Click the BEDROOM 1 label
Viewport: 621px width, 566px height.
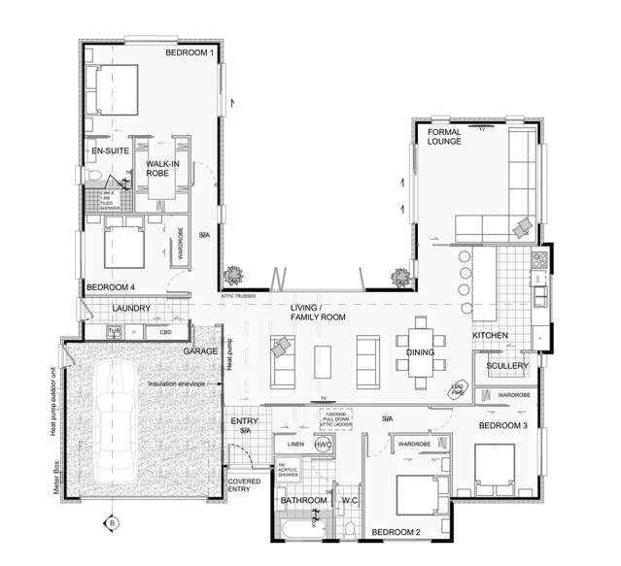(190, 51)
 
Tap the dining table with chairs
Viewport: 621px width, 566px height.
(420, 345)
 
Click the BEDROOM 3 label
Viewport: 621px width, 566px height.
(502, 426)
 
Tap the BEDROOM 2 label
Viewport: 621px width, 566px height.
(396, 533)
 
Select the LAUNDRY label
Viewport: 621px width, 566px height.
(130, 309)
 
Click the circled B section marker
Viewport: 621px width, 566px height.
(111, 524)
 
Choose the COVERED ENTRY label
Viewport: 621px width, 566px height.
(243, 485)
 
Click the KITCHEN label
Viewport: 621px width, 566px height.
(490, 335)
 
